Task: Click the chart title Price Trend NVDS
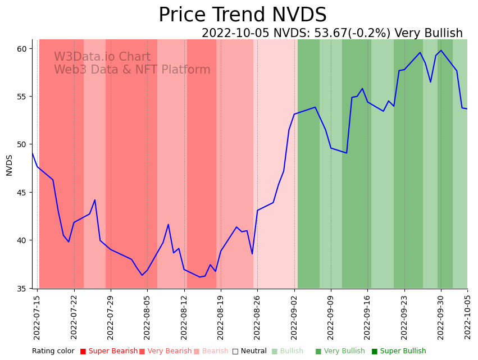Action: [x=242, y=15]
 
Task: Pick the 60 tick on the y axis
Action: [x=22, y=49]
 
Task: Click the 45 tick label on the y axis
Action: [x=22, y=193]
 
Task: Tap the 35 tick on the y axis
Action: [x=22, y=289]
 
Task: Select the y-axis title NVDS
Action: [x=10, y=165]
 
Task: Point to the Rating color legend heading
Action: [x=53, y=352]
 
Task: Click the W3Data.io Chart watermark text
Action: [x=102, y=57]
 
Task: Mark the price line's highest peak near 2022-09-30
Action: [x=441, y=51]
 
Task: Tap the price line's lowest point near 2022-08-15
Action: [x=199, y=277]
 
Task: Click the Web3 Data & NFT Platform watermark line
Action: [x=132, y=70]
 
